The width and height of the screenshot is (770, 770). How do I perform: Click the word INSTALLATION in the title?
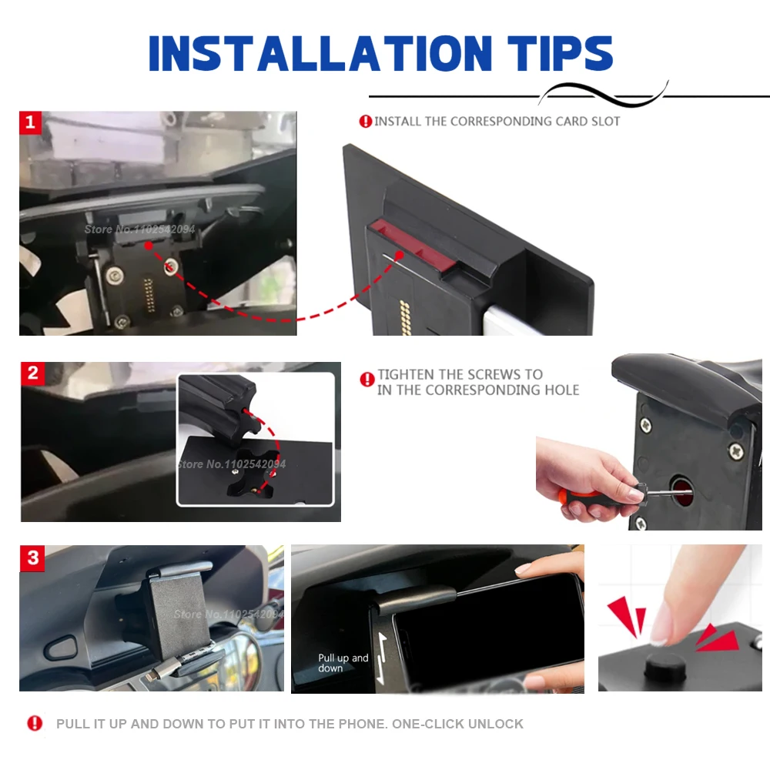click(320, 53)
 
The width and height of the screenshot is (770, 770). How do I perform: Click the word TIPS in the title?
click(561, 53)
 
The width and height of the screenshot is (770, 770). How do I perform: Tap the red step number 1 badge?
click(30, 122)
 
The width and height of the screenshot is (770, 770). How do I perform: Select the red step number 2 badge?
click(32, 373)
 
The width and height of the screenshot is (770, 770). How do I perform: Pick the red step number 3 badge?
click(32, 558)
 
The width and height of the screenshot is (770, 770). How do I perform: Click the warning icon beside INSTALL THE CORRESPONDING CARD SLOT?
click(365, 122)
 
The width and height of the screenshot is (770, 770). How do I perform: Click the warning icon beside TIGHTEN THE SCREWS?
click(367, 380)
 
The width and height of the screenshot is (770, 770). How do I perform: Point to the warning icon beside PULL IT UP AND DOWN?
click(35, 723)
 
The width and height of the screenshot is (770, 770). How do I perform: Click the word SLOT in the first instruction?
click(605, 122)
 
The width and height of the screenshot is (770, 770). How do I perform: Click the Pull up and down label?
click(343, 663)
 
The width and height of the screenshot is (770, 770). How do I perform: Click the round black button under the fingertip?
click(665, 665)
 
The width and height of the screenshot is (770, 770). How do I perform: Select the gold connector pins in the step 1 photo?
click(149, 295)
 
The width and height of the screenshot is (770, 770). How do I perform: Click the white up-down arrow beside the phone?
click(382, 658)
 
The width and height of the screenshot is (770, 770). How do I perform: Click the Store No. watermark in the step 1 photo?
click(139, 229)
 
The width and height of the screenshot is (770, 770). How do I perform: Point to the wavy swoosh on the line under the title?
click(603, 94)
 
